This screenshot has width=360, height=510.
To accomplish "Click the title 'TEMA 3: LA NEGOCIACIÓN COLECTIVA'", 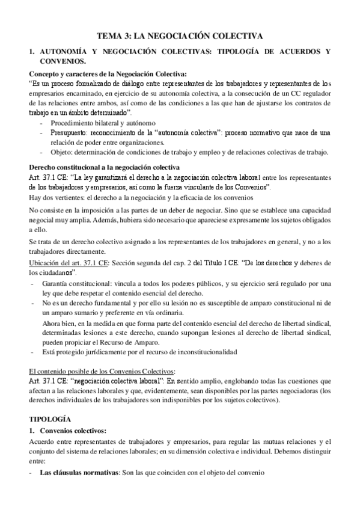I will (x=180, y=37).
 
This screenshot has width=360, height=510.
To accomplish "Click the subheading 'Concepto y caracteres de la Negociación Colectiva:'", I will (x=108, y=72).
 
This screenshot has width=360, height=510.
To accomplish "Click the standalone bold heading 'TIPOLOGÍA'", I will (x=50, y=417).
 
